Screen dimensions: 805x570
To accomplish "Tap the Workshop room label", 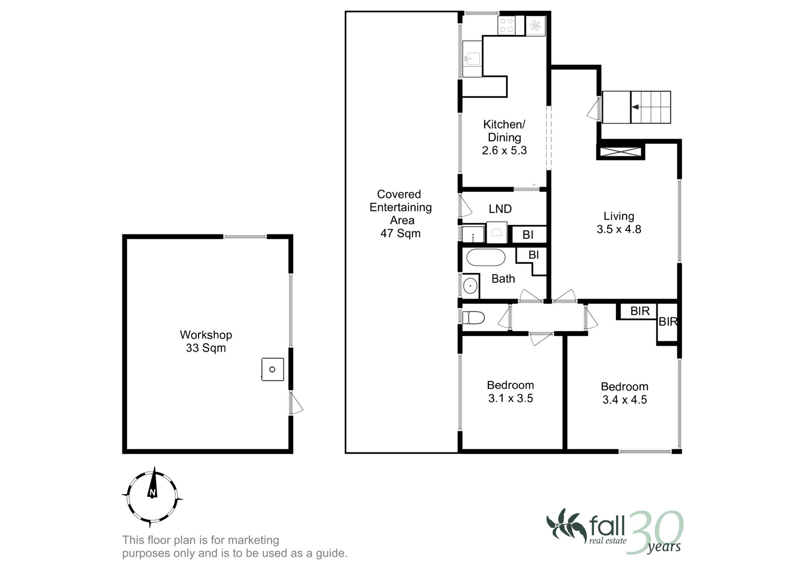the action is [x=206, y=341].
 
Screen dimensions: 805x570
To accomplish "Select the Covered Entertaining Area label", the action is [x=400, y=214].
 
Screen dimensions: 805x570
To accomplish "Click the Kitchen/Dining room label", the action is [x=504, y=137].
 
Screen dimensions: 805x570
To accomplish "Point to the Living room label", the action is [x=619, y=222].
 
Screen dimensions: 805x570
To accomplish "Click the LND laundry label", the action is [x=500, y=209].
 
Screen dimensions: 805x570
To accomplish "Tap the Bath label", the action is [x=503, y=279].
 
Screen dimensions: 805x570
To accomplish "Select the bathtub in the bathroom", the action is [x=486, y=258].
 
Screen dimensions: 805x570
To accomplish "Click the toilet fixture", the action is [x=473, y=318].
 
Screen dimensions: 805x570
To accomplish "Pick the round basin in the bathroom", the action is [x=470, y=286].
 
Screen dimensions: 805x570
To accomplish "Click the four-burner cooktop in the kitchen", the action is [x=506, y=25].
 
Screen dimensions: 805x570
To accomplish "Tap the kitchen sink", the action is [x=473, y=59].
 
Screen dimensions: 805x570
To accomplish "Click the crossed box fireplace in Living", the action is [x=621, y=152].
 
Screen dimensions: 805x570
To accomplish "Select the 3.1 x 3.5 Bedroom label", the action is [x=510, y=392].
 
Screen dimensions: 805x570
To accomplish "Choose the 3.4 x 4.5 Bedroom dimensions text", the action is [x=625, y=400].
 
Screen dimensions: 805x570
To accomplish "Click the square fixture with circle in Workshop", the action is [x=273, y=369].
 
